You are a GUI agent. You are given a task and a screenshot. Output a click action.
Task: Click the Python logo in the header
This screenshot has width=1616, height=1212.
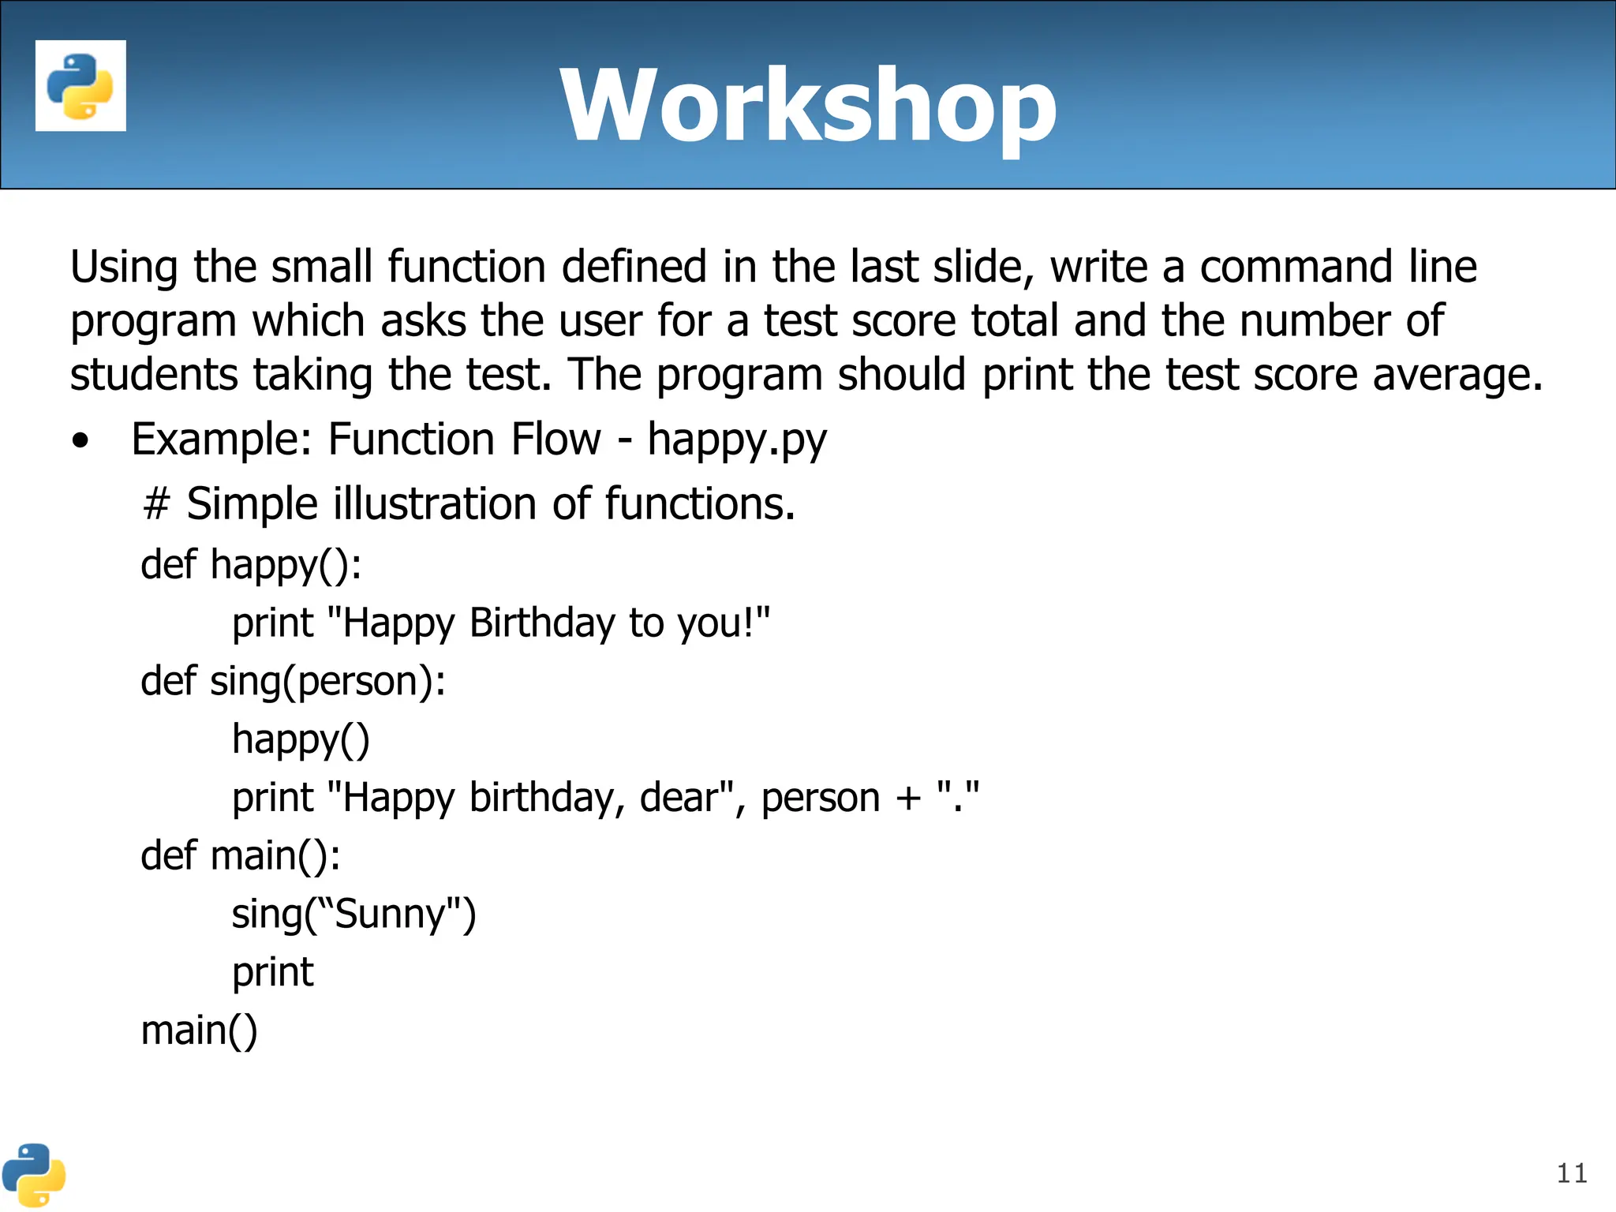click(80, 86)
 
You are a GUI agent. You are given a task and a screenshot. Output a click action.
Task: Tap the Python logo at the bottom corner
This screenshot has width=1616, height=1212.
click(33, 1175)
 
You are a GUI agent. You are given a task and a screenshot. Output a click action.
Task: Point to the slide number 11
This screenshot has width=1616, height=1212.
click(1571, 1173)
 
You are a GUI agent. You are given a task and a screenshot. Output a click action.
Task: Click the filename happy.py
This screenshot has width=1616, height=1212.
click(737, 440)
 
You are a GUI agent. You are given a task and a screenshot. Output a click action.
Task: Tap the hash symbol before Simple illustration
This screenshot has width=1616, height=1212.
click(156, 504)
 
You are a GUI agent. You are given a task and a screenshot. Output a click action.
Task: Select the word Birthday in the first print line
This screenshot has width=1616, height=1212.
click(541, 623)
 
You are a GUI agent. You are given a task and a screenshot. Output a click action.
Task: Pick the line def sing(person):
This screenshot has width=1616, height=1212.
click(293, 681)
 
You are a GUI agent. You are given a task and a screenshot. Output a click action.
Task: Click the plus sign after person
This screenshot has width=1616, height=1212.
click(908, 798)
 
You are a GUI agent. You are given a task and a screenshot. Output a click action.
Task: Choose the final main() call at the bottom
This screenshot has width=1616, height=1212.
click(199, 1031)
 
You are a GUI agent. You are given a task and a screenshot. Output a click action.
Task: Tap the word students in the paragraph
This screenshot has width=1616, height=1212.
click(153, 374)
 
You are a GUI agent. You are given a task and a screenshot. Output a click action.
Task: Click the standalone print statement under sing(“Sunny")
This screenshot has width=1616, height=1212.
click(272, 973)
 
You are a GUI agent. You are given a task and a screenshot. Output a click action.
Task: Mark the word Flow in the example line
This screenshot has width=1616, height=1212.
click(555, 440)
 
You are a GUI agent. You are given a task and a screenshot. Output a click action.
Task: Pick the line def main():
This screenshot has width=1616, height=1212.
click(241, 856)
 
